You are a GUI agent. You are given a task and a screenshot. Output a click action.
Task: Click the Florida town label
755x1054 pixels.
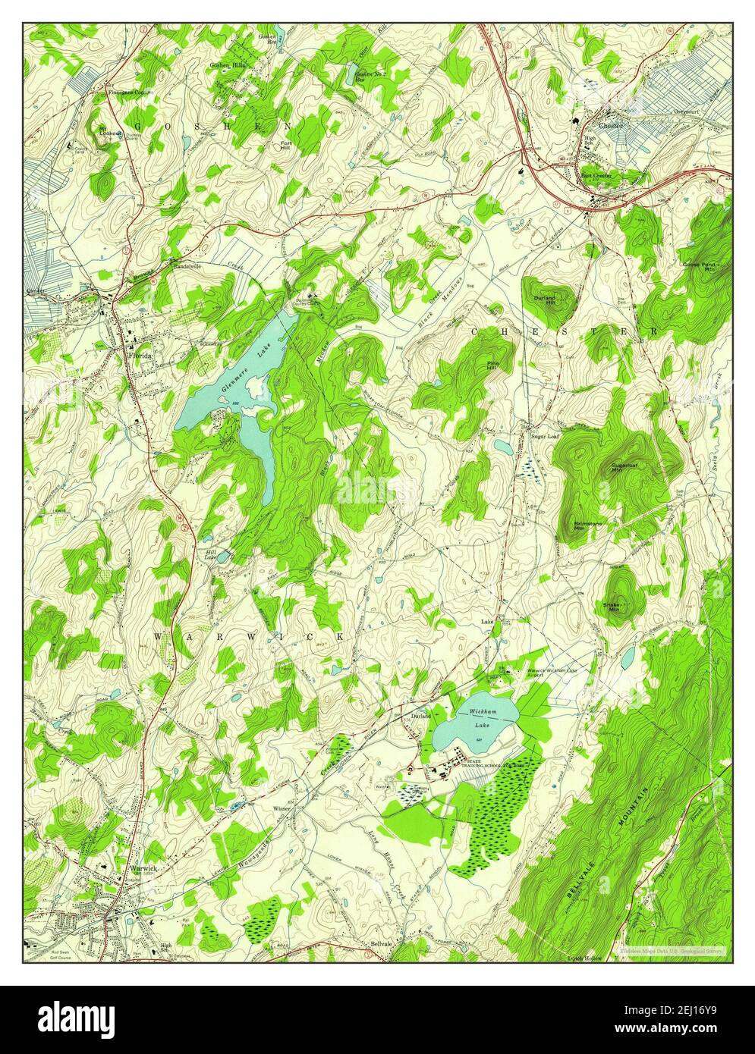point(140,355)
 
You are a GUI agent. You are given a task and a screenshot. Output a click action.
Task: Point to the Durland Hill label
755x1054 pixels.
point(545,300)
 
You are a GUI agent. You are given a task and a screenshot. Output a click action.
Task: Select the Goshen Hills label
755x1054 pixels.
point(227,66)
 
